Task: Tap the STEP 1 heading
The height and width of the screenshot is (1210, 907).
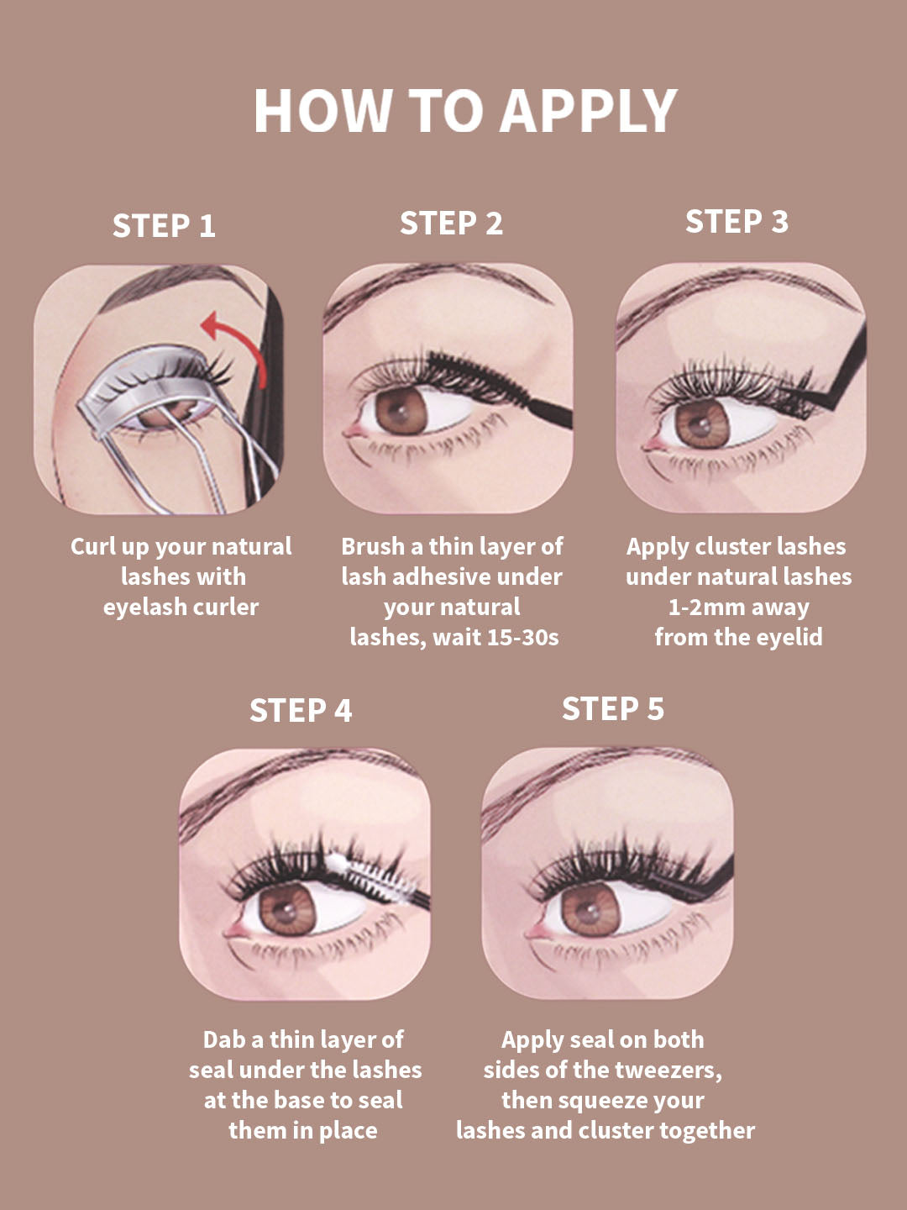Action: tap(164, 226)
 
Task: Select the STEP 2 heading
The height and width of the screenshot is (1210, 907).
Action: tap(451, 224)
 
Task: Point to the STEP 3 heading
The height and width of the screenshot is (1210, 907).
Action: tap(737, 221)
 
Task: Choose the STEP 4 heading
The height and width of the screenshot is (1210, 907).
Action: tap(301, 710)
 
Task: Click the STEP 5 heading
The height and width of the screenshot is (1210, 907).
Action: tap(613, 708)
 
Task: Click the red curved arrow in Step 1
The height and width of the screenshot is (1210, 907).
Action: tap(237, 342)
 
